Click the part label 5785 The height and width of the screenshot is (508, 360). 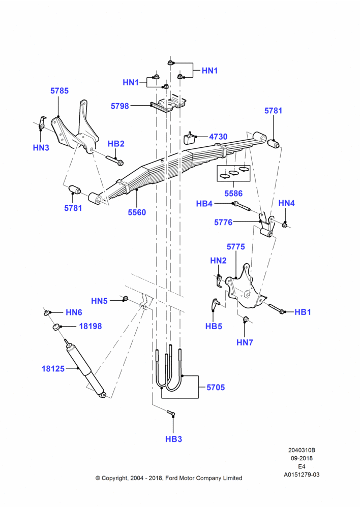(59, 91)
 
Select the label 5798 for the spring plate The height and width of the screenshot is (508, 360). (119, 106)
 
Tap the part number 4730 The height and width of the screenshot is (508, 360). (218, 137)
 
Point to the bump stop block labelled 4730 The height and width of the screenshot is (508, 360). (189, 138)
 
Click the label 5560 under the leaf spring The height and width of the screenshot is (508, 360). (137, 212)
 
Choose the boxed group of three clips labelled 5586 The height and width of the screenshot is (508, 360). (233, 173)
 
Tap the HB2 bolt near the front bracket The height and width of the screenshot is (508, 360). (115, 160)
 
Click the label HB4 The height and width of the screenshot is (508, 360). (204, 204)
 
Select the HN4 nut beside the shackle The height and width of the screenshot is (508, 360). (285, 225)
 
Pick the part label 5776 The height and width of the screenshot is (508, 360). (223, 223)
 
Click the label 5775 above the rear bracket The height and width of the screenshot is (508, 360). (236, 246)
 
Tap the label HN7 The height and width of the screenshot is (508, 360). (245, 342)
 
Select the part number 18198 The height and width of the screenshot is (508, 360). (91, 326)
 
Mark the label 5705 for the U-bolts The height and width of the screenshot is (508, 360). (216, 387)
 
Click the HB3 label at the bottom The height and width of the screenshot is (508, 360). (173, 439)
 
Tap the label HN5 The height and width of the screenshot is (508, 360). (99, 301)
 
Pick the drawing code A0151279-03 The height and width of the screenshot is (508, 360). (302, 474)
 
